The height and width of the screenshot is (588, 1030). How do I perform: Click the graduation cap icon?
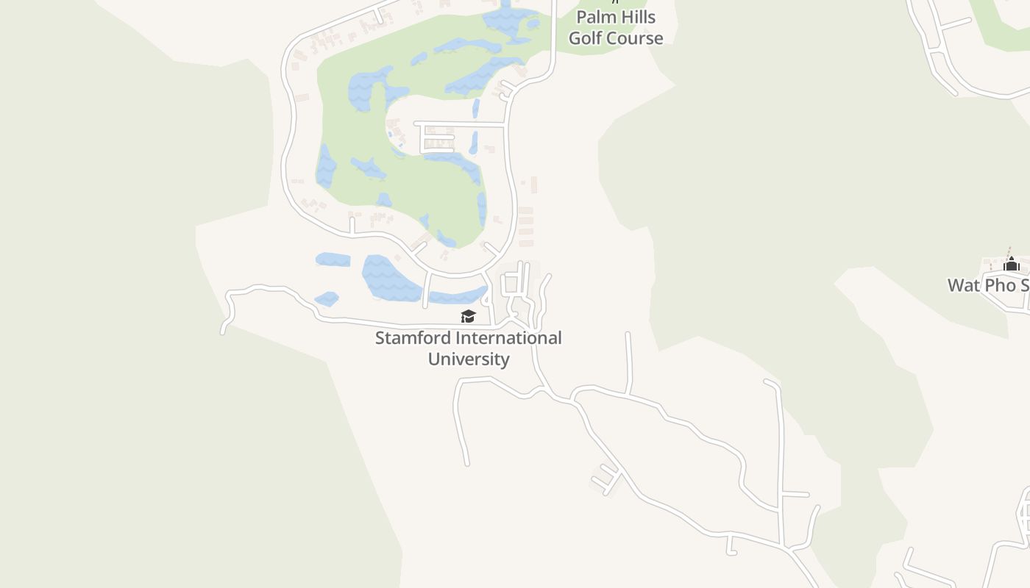point(468,316)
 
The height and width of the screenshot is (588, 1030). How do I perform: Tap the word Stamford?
point(413,338)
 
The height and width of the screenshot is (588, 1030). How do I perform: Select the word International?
point(508,338)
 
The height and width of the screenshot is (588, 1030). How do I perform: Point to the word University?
point(469,359)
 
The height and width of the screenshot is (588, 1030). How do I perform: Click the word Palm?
point(595,17)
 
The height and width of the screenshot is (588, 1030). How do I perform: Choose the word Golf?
point(586,38)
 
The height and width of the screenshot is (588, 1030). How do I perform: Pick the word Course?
point(636,38)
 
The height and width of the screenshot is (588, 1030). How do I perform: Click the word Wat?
point(964,285)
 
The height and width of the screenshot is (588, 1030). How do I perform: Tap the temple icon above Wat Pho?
point(1011,264)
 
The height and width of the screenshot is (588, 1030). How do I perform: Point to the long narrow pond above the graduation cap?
point(458,297)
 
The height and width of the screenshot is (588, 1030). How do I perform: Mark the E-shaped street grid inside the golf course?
point(436,138)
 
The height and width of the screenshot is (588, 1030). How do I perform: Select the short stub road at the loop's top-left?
point(379,15)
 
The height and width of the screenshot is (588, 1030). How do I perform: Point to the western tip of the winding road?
point(223,332)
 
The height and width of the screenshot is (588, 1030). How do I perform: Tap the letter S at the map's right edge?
point(1024,285)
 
